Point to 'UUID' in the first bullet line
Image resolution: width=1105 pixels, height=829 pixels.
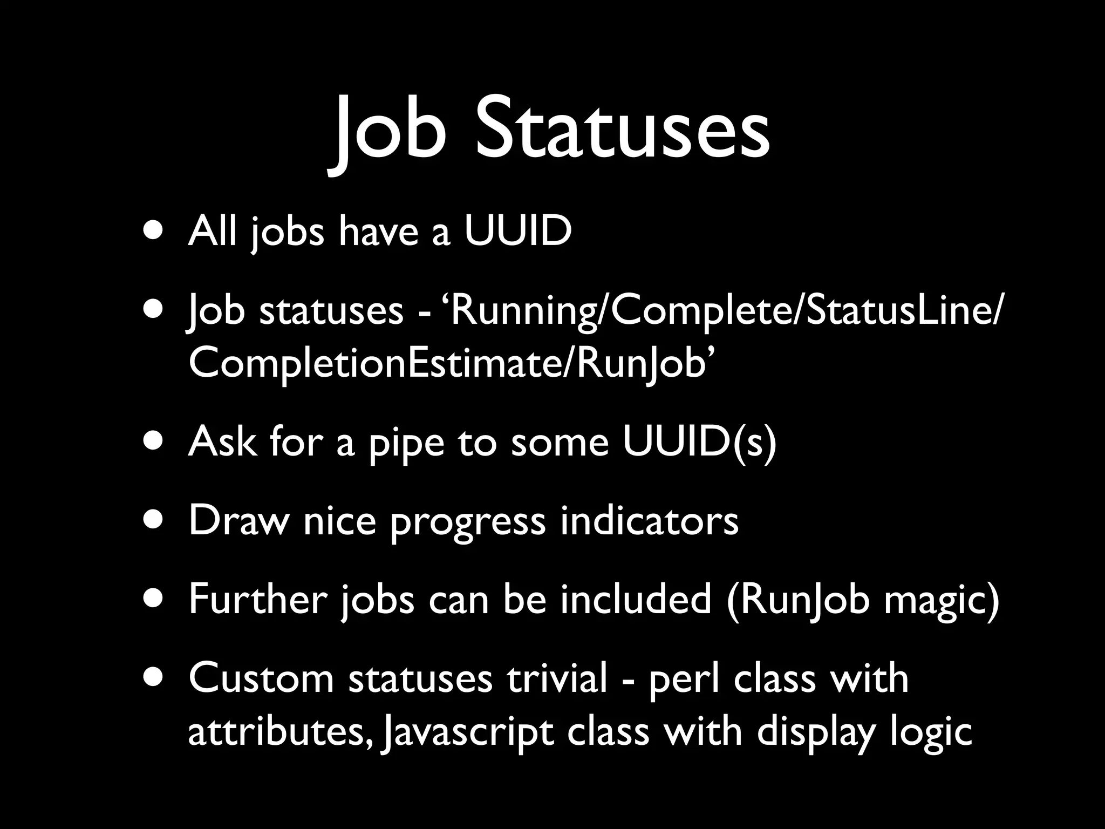click(517, 231)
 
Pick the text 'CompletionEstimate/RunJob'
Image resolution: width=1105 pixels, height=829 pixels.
click(447, 363)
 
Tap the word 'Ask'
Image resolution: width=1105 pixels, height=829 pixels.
click(222, 441)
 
